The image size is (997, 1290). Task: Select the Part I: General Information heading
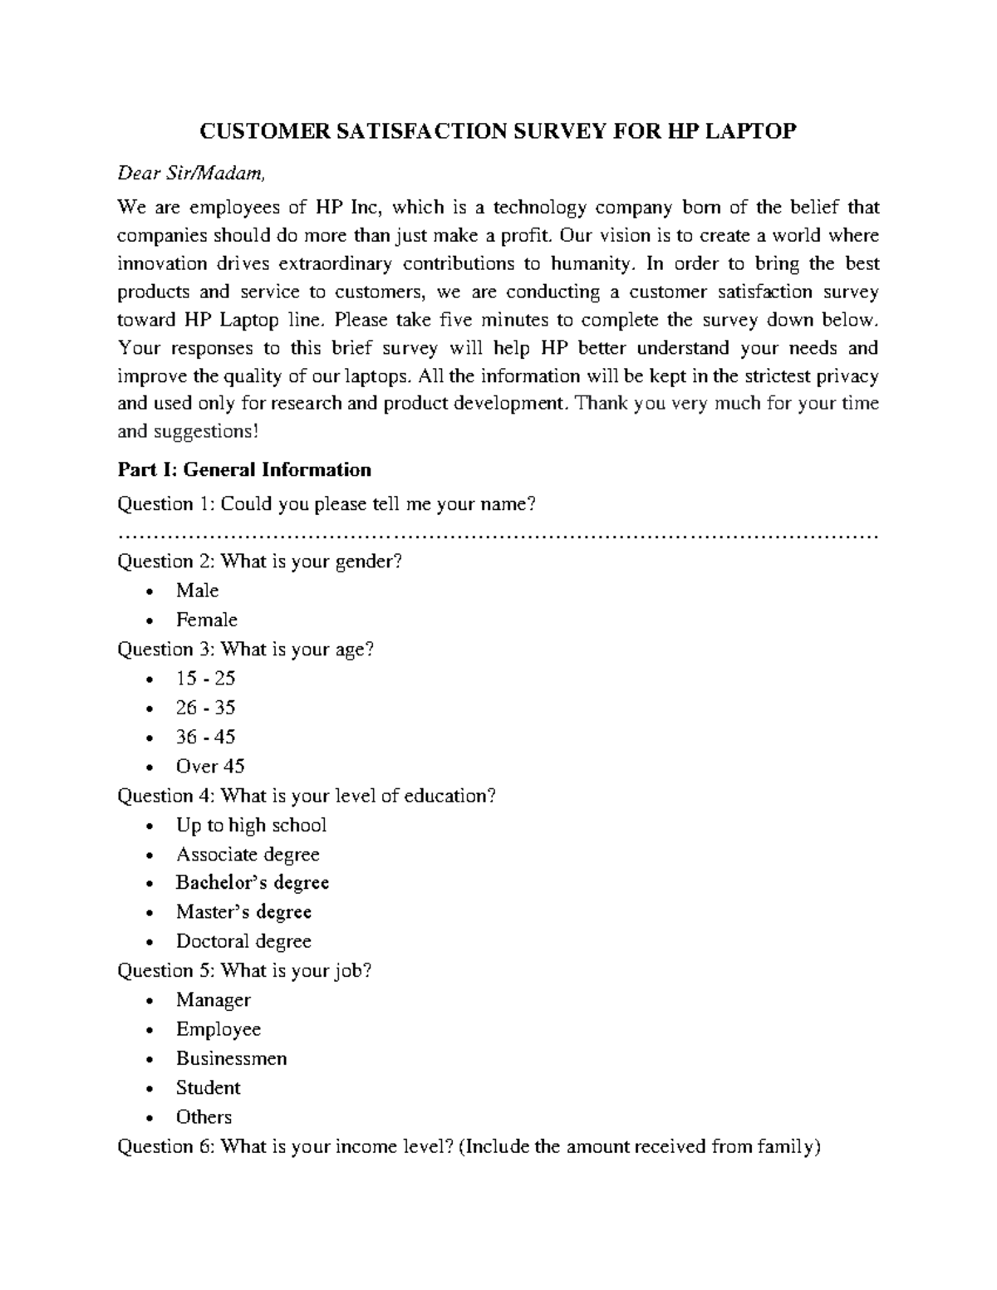click(244, 470)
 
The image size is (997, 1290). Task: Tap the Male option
click(197, 591)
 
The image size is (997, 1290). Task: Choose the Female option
click(206, 620)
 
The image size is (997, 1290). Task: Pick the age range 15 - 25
click(205, 679)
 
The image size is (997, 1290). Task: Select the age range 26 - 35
click(205, 708)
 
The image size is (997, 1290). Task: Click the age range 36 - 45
click(205, 737)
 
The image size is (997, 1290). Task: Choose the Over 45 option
click(210, 766)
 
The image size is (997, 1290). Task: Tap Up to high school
click(251, 825)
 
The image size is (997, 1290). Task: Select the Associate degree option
click(248, 854)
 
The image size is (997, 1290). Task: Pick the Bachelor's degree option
click(253, 882)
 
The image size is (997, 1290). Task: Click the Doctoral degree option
click(243, 941)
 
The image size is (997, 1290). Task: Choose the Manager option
click(213, 1000)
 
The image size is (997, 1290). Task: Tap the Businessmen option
click(231, 1058)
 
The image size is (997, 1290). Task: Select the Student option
click(208, 1087)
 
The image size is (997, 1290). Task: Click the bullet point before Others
click(149, 1118)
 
